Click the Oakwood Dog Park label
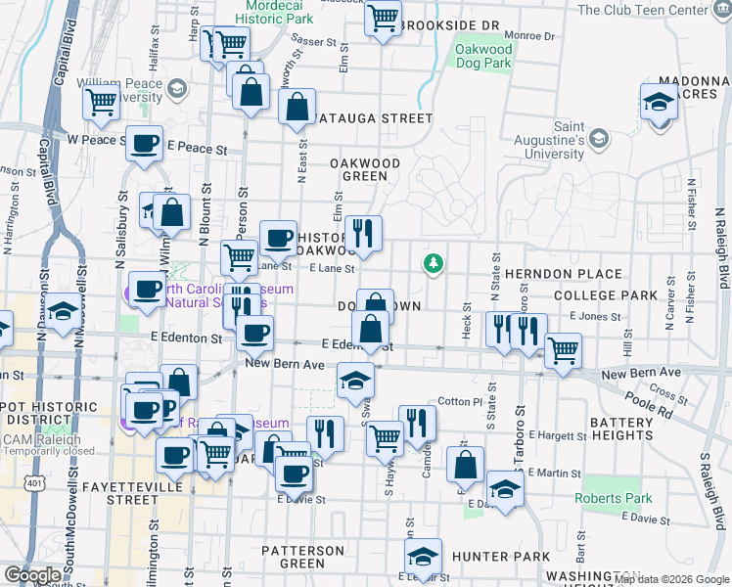[x=483, y=56]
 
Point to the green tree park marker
[x=432, y=263]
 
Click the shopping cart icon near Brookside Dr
[x=383, y=17]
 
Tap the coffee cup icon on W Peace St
[x=144, y=144]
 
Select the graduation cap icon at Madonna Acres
[x=660, y=101]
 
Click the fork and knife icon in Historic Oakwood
[x=363, y=233]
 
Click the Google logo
[x=32, y=574]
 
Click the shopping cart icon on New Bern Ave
[x=563, y=350]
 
